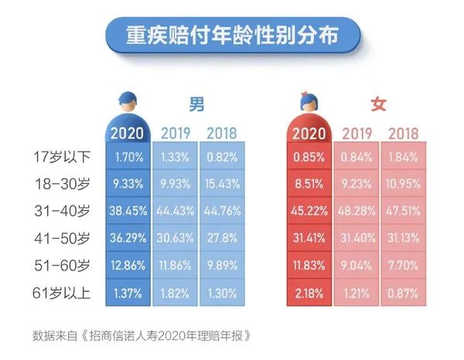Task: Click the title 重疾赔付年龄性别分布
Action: pyautogui.click(x=232, y=36)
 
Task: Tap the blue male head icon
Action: pyautogui.click(x=127, y=102)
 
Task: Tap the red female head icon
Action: pyautogui.click(x=312, y=103)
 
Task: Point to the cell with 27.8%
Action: pyautogui.click(x=222, y=238)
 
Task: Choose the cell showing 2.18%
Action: pyautogui.click(x=311, y=291)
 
